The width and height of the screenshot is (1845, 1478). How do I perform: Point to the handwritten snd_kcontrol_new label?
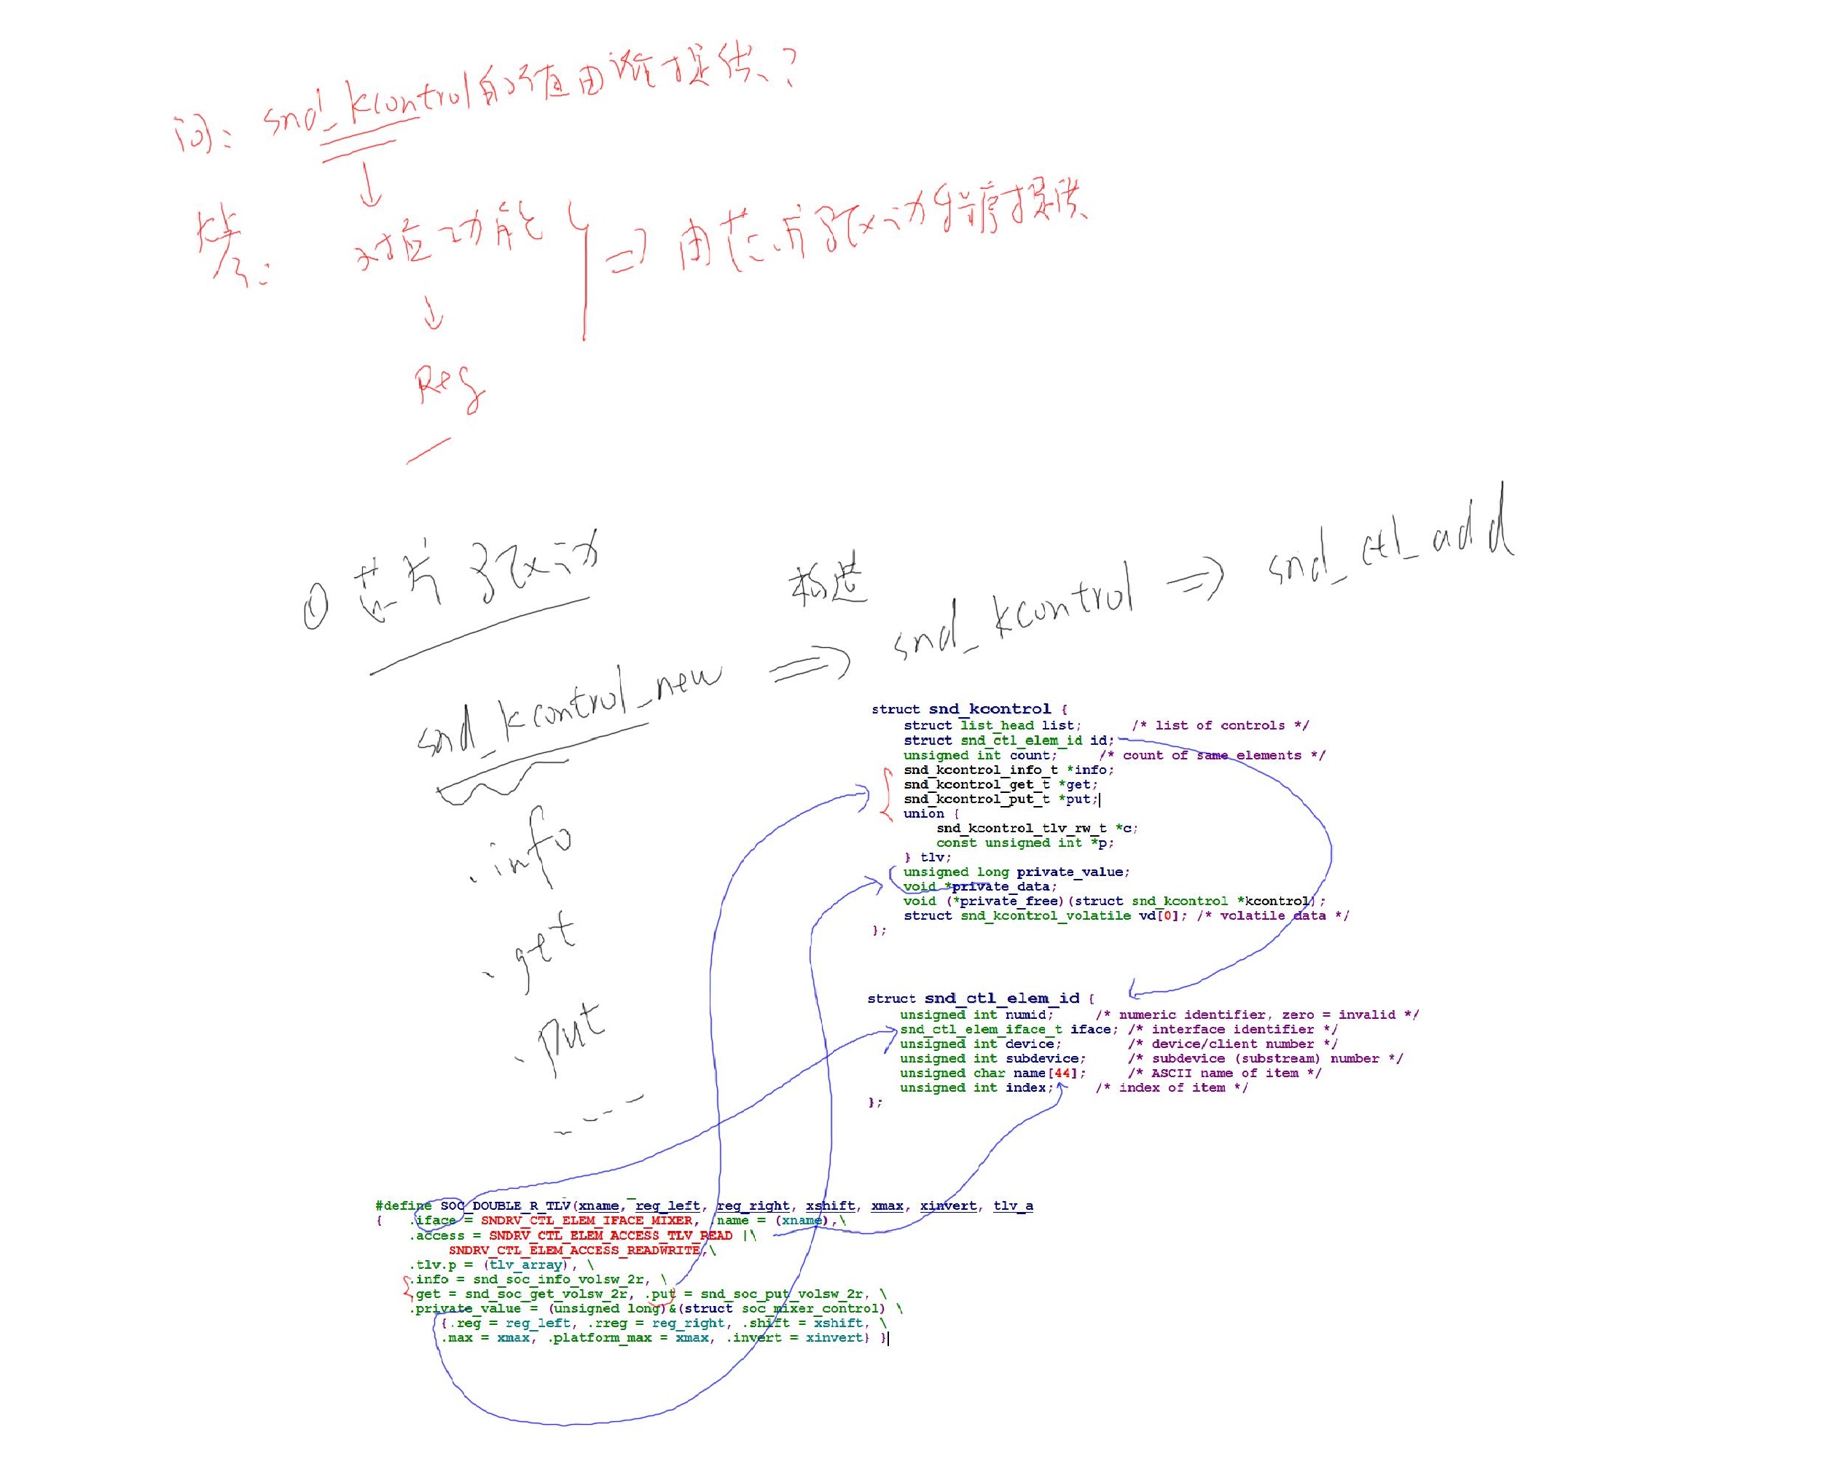coord(569,711)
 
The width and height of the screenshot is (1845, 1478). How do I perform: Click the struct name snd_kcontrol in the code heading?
coord(990,709)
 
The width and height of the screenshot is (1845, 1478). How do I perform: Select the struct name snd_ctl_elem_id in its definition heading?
coord(1001,998)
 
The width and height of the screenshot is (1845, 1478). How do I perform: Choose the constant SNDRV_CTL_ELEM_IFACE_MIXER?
coord(586,1221)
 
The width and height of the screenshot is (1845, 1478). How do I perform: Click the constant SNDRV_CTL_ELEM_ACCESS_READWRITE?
coord(574,1251)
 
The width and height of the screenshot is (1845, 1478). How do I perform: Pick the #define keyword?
coord(403,1206)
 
